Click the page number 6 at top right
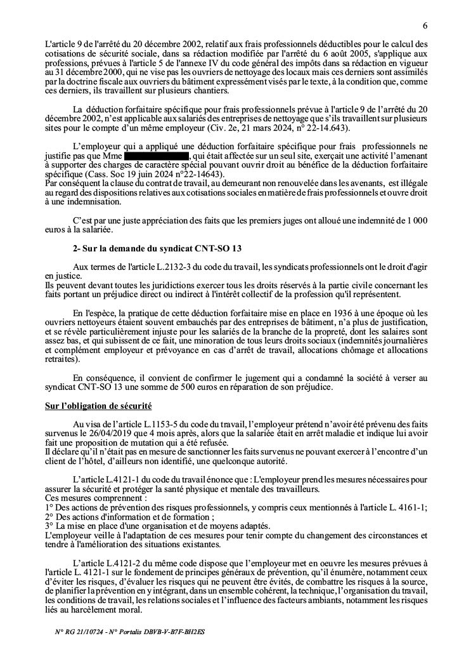[424, 25]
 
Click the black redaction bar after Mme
[157, 155]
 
